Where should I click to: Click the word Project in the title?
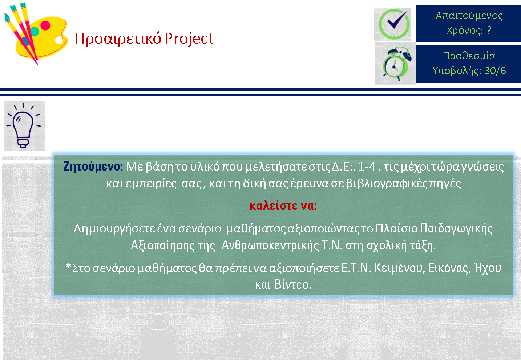click(x=189, y=39)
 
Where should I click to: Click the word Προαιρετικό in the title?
click(x=118, y=39)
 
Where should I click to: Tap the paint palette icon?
click(x=36, y=33)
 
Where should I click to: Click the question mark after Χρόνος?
click(x=489, y=30)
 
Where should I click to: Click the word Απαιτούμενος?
click(x=469, y=16)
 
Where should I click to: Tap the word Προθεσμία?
click(x=469, y=56)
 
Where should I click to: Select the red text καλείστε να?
click(x=283, y=206)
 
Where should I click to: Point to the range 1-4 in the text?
click(x=367, y=167)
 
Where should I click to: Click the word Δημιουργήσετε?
click(x=114, y=229)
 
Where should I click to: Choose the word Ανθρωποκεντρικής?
click(x=270, y=246)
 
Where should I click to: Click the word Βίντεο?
click(x=292, y=284)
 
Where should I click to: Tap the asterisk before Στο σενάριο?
click(x=69, y=266)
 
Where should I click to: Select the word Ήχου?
click(x=488, y=268)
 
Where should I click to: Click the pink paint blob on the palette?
click(x=45, y=25)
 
